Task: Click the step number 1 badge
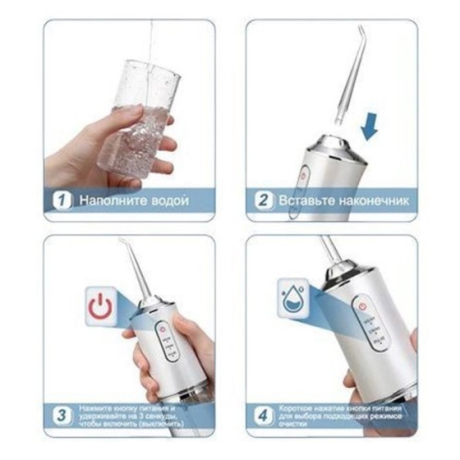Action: coord(62,200)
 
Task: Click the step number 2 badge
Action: coord(264,200)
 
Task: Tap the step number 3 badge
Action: coord(62,415)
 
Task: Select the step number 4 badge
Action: coord(264,416)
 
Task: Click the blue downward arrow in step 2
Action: coord(371,126)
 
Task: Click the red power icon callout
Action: coord(99,306)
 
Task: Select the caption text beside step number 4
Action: coord(338,416)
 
